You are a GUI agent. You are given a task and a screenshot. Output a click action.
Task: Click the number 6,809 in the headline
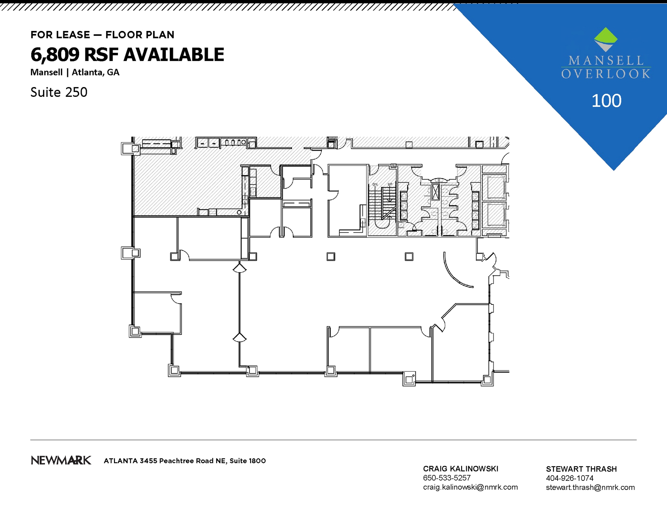55,54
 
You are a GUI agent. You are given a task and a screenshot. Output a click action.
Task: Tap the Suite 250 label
59,92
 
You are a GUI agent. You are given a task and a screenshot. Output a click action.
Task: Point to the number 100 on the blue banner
606,101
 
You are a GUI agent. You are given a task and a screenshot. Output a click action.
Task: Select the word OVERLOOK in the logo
606,74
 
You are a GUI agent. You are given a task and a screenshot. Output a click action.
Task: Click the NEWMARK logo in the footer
61,460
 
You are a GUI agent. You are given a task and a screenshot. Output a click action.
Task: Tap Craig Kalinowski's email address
470,487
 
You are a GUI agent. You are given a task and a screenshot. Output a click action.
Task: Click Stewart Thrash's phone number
569,478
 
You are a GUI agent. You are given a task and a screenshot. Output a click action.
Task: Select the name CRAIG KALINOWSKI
460,469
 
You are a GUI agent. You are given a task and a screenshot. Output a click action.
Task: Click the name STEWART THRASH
581,469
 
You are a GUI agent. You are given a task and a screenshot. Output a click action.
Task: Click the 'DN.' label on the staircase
375,184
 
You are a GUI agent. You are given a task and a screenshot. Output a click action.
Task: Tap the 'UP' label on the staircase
390,184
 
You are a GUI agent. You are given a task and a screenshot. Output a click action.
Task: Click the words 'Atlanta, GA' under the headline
95,72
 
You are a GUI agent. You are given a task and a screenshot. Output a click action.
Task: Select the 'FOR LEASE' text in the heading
60,35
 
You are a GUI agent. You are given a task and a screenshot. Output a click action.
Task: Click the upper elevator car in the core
494,187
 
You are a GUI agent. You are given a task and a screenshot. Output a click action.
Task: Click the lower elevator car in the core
494,214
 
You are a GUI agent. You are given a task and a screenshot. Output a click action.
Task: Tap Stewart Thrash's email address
590,487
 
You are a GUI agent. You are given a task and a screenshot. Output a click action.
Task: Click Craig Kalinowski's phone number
447,478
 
